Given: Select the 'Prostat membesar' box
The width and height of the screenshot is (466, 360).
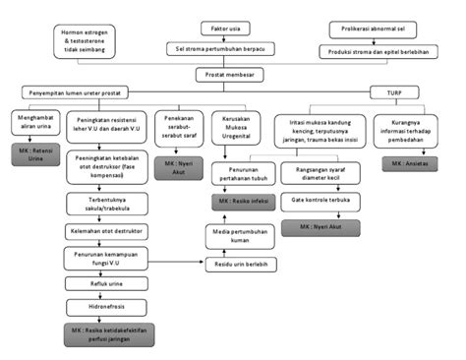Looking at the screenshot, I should (x=233, y=74).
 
